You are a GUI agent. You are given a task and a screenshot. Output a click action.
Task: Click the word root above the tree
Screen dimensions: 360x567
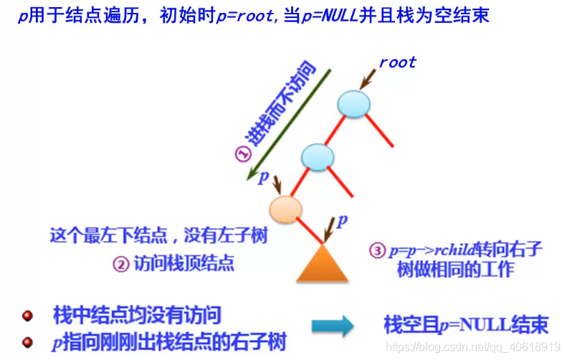397,62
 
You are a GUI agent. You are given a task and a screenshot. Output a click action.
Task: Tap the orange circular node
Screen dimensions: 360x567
285,209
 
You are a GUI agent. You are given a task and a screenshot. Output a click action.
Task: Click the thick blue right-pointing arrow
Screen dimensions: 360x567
333,326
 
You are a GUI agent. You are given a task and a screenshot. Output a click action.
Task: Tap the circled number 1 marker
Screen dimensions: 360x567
242,154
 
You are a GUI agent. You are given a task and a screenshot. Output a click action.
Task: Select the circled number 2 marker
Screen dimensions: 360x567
120,264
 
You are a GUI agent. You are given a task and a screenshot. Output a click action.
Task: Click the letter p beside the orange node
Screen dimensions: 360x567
263,176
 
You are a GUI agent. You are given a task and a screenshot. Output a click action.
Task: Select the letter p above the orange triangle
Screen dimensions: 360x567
342,220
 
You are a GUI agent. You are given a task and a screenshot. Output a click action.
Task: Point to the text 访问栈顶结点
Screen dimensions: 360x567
184,264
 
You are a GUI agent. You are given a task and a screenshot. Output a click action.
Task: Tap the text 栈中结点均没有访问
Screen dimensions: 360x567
137,315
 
